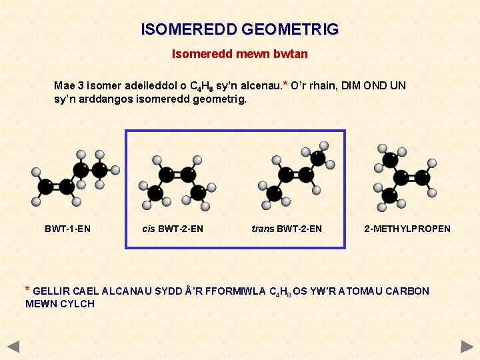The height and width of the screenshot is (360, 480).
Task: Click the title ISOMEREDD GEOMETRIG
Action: (240, 29)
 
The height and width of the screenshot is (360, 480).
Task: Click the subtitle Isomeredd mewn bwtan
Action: (240, 53)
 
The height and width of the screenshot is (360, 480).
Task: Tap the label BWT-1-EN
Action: (67, 229)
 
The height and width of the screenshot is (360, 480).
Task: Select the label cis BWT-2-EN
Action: (173, 229)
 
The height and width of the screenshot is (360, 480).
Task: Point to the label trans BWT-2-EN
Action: (287, 229)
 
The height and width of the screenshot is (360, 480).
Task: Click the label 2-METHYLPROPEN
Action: (407, 229)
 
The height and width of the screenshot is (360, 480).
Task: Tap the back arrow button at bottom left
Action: (13, 347)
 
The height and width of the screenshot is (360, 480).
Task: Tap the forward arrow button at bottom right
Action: (467, 347)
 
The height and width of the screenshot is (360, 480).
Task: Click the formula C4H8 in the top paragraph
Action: (202, 86)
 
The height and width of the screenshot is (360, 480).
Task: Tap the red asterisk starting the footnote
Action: (27, 290)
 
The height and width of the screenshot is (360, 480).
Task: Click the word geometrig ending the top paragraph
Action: (223, 99)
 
